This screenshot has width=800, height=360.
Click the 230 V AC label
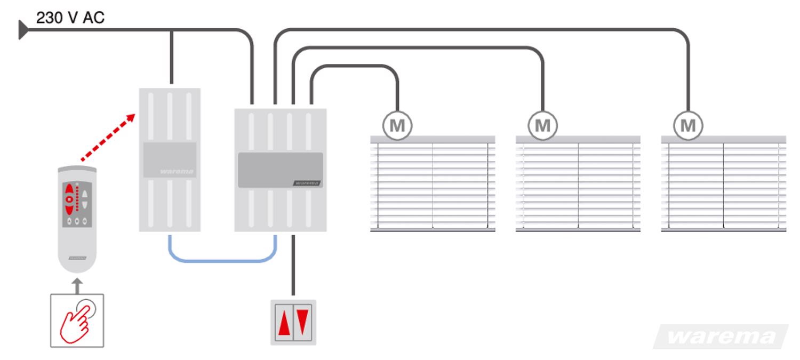70,18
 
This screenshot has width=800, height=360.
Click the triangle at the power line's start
23,30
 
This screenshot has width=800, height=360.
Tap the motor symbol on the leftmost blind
397,126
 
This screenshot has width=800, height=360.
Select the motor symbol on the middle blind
542,126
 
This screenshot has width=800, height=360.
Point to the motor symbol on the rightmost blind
688,126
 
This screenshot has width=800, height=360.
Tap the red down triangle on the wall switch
302,321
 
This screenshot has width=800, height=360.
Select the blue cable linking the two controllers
221,261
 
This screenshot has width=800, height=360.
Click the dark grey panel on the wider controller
280,170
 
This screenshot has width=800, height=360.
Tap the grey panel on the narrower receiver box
170,160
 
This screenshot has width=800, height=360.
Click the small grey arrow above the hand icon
77,285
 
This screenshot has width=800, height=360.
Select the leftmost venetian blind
433,184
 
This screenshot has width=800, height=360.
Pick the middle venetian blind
578,184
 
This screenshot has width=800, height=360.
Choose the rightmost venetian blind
723,184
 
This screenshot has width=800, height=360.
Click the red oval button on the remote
69,198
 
